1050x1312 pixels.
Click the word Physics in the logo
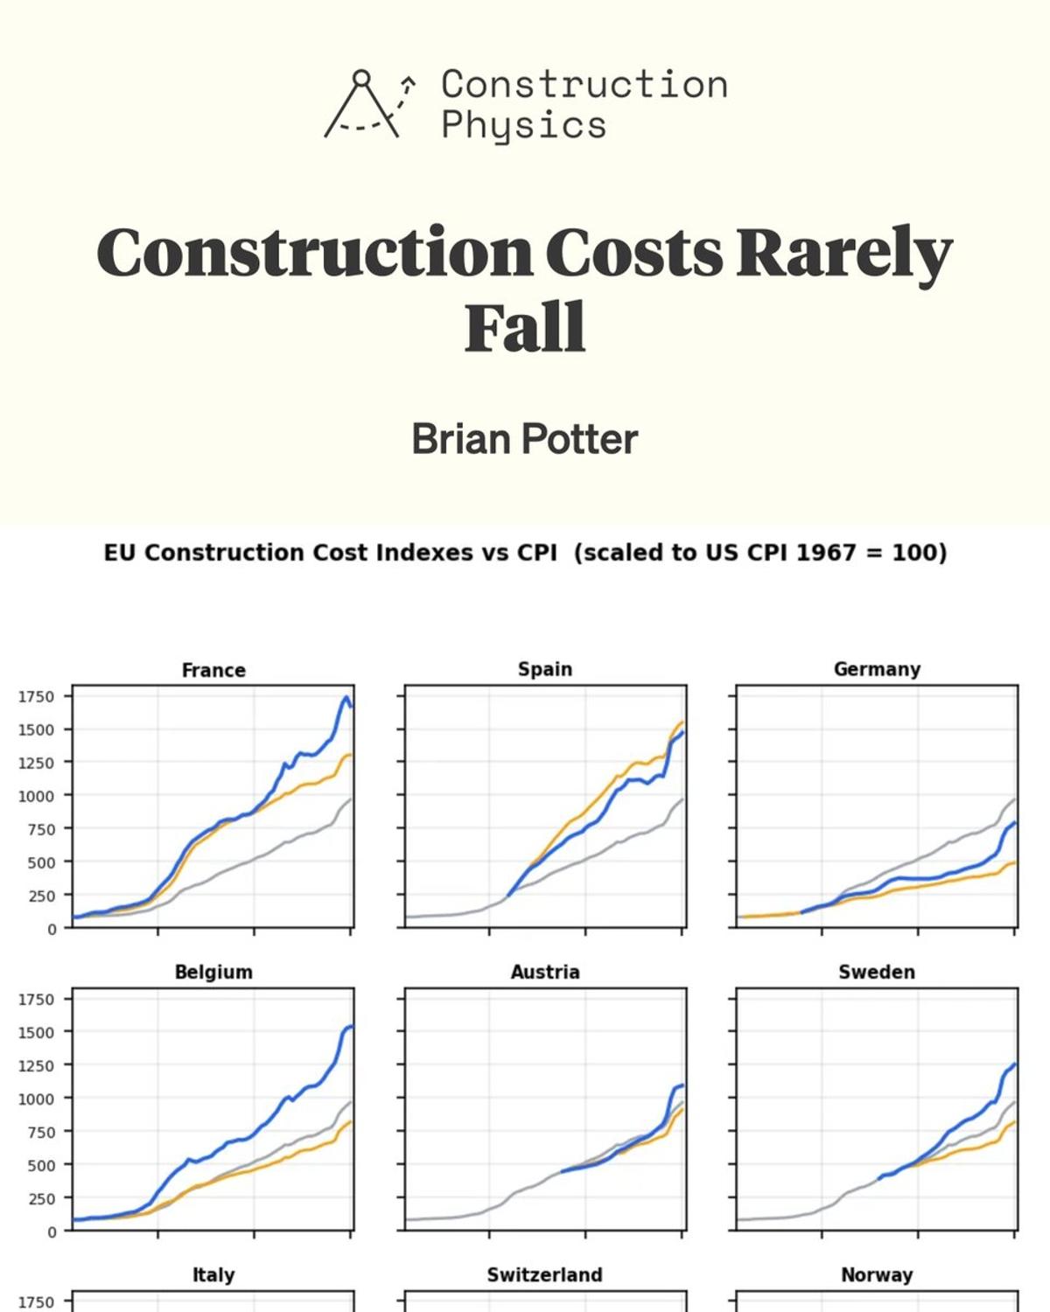pos(523,124)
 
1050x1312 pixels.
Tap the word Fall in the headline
pos(525,328)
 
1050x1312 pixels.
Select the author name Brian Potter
pos(525,439)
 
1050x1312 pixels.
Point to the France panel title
pos(213,670)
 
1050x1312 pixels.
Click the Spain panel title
pos(544,669)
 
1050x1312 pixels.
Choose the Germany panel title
pos(877,669)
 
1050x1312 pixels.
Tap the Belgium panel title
pos(213,972)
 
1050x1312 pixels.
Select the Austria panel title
pos(544,972)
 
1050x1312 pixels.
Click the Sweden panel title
pos(877,972)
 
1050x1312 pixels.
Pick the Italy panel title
pos(213,1274)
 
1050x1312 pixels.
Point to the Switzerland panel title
pos(544,1274)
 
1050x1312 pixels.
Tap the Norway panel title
pos(877,1274)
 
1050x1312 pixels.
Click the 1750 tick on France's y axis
pos(36,697)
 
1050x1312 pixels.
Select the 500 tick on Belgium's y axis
pos(39,1165)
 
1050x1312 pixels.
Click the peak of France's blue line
pos(346,698)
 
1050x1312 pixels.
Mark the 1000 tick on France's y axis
pos(36,796)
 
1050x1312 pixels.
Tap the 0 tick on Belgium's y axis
pos(51,1232)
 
